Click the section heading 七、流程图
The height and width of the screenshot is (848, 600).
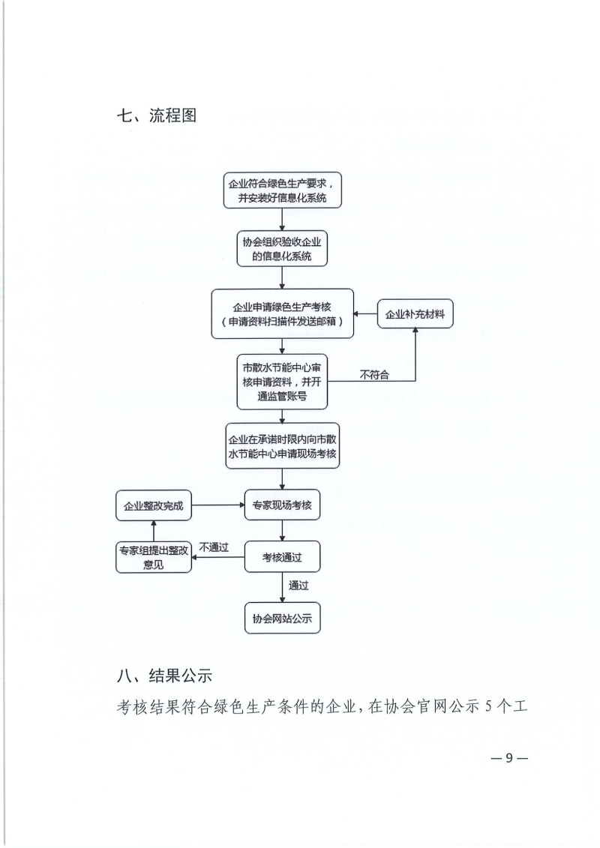coord(156,115)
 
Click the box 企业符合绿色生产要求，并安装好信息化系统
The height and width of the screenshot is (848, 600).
coord(283,190)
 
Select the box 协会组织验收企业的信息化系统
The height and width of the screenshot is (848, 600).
coord(283,249)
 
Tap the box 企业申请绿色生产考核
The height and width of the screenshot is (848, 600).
coord(283,313)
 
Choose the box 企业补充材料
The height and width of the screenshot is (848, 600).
coord(415,313)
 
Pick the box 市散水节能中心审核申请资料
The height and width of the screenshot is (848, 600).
coord(283,382)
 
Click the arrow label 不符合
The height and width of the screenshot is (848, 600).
coord(374,374)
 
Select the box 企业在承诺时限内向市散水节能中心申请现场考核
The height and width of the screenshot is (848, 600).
coord(283,445)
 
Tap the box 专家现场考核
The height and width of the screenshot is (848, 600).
coord(283,505)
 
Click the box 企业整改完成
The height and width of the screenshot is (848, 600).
coord(154,505)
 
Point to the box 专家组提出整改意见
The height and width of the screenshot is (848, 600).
coord(154,557)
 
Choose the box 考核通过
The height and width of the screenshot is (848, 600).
coord(283,556)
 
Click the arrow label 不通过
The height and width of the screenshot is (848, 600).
coord(214,547)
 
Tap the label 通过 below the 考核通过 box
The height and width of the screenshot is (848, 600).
coord(298,586)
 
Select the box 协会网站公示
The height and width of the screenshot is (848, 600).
coord(283,618)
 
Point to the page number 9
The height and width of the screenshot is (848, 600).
coord(508,758)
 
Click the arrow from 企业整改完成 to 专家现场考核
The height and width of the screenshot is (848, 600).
coord(218,505)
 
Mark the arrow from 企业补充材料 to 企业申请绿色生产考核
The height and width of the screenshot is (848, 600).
coord(365,313)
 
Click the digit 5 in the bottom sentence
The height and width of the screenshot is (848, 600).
coord(488,707)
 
